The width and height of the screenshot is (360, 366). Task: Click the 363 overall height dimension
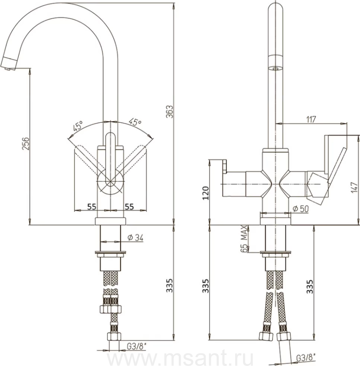[x=170, y=112]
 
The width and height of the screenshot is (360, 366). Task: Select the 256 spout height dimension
[x=26, y=144]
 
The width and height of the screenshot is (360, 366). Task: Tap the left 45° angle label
[x=78, y=126]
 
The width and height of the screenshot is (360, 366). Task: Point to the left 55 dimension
[x=92, y=207]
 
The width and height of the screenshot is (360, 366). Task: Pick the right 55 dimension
[x=129, y=207]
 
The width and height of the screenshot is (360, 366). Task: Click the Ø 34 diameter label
[x=135, y=237]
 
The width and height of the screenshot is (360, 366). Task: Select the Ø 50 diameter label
[x=301, y=209]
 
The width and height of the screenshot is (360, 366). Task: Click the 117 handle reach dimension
[x=311, y=119]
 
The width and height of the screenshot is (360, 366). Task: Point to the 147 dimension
[x=354, y=187]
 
